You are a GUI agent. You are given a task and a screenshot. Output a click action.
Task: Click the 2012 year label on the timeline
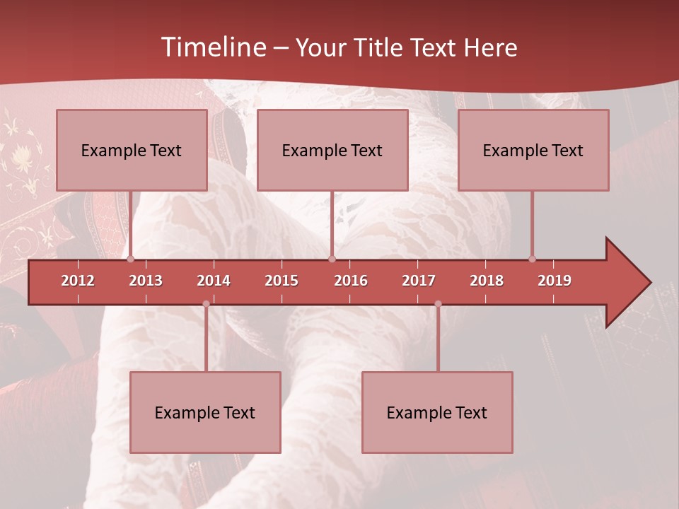pyautogui.click(x=78, y=281)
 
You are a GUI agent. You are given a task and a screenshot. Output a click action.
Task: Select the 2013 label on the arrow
pyautogui.click(x=146, y=281)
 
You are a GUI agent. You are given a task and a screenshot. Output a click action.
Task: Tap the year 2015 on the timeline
pyautogui.click(x=282, y=281)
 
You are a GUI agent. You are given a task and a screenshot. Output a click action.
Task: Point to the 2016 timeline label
pyautogui.click(x=351, y=281)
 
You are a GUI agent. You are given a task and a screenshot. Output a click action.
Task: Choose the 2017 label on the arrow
pyautogui.click(x=419, y=281)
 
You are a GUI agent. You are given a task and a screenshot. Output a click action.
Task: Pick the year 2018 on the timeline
pyautogui.click(x=487, y=281)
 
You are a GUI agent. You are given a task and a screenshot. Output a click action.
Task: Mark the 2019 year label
pyautogui.click(x=555, y=281)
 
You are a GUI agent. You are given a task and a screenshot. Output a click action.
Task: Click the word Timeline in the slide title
pyautogui.click(x=213, y=47)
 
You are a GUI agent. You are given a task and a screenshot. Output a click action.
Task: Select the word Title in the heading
pyautogui.click(x=376, y=47)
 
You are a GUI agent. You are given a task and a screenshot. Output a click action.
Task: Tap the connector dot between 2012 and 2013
pyautogui.click(x=131, y=259)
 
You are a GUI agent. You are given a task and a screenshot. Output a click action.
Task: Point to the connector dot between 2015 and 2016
pyautogui.click(x=332, y=259)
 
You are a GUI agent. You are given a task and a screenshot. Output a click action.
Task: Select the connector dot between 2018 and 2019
pyautogui.click(x=532, y=259)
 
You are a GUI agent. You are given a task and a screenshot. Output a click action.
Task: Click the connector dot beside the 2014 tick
pyautogui.click(x=206, y=304)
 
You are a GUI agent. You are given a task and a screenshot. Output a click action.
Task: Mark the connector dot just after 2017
pyautogui.click(x=438, y=304)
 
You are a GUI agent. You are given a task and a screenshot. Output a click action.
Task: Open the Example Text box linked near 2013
pyautogui.click(x=132, y=151)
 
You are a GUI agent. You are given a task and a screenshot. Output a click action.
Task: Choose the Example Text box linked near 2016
pyautogui.click(x=332, y=151)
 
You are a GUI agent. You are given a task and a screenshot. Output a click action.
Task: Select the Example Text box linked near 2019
pyautogui.click(x=533, y=151)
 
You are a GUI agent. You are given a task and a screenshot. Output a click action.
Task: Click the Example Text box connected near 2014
pyautogui.click(x=205, y=412)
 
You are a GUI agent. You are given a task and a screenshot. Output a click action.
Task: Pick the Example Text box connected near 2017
pyautogui.click(x=437, y=412)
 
